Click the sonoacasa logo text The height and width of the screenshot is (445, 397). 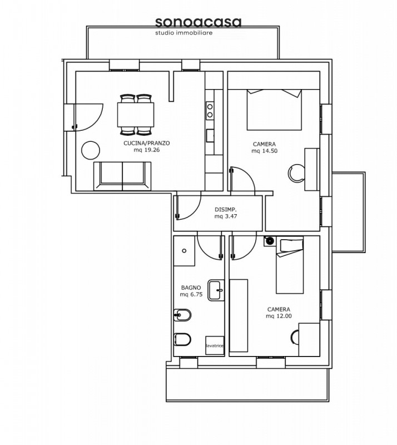coord(198,22)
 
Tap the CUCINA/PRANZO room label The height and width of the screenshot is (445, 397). coord(147,143)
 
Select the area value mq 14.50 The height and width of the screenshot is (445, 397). coord(265,151)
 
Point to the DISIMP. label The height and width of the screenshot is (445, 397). coord(226,210)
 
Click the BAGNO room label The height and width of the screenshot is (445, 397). coord(191,288)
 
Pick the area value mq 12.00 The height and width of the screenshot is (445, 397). coord(279,316)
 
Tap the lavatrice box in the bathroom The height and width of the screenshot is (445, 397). coord(215,345)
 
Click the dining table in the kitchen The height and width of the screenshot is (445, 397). coord(136,115)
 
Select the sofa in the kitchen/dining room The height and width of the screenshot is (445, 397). coord(122,176)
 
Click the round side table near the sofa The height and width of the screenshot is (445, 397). coord(91,150)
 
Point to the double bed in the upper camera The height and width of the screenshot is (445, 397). coord(274,110)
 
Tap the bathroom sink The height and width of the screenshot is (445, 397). coord(216,290)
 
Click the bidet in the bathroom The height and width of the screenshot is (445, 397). coord(182,315)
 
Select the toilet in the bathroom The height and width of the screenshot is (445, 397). coord(182,339)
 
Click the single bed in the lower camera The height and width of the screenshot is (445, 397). coord(290,266)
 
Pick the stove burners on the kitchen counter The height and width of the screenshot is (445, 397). coord(210,111)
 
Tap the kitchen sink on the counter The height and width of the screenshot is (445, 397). coord(210,135)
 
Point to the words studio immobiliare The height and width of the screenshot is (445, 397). coord(184,33)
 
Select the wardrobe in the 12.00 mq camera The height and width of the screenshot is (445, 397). coord(239,315)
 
